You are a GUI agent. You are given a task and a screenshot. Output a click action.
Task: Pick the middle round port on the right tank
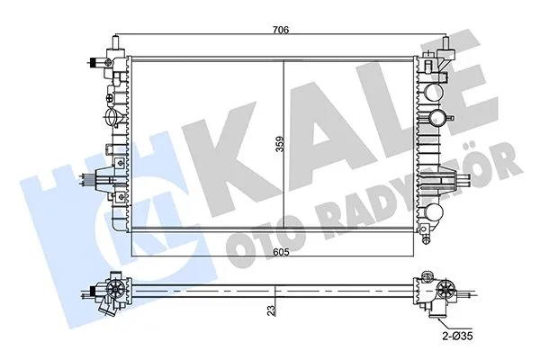436,117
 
